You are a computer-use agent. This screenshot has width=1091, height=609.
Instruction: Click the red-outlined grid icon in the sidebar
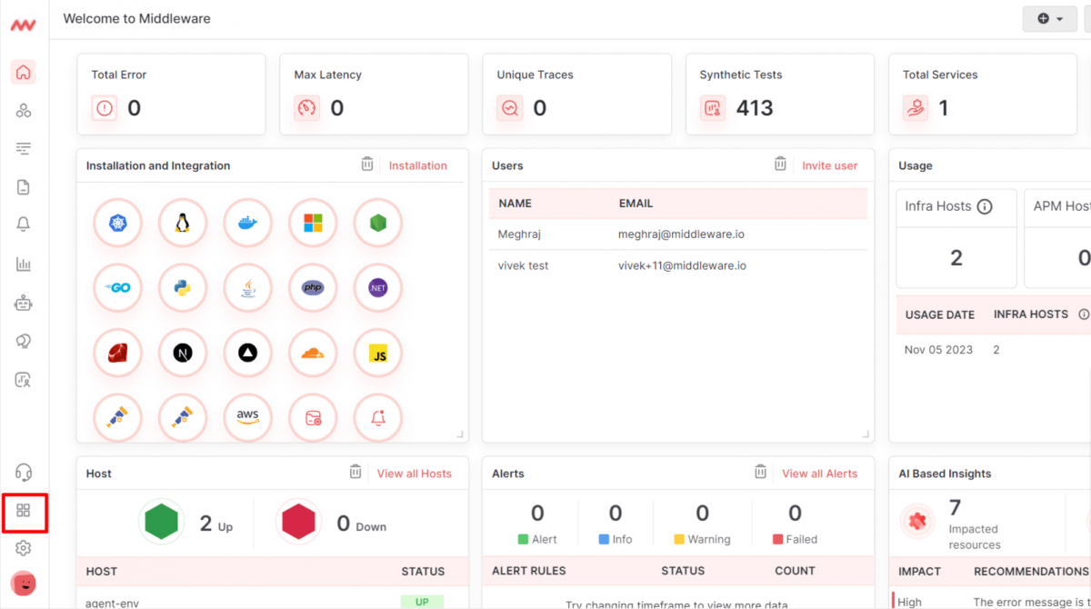pos(24,511)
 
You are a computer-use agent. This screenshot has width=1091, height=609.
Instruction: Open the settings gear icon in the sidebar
pos(24,548)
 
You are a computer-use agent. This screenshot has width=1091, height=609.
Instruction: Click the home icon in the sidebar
pos(24,73)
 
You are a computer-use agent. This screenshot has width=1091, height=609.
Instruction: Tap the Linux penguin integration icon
pos(183,223)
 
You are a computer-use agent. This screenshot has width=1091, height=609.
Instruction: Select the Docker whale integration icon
pos(247,223)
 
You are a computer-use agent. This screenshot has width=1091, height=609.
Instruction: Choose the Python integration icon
pos(183,288)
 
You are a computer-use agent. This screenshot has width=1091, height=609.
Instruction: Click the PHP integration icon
pos(313,288)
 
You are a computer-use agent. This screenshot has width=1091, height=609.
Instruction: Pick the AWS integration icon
pos(247,417)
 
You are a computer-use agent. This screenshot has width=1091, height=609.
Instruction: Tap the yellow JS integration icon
pos(378,353)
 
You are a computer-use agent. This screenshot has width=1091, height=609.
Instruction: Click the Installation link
pos(417,165)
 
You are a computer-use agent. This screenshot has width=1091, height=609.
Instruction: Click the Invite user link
pos(829,165)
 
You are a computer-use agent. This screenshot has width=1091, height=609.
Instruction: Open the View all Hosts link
pos(414,474)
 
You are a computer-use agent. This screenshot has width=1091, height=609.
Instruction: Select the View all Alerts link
pos(819,474)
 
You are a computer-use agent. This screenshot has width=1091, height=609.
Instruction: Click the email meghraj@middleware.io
pos(681,235)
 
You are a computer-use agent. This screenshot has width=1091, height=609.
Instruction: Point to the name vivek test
pos(523,266)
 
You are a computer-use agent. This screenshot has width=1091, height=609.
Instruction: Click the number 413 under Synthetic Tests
pos(754,108)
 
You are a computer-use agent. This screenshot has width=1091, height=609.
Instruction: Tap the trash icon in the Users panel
pos(780,165)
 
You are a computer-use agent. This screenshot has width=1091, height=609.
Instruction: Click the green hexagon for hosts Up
pos(161,522)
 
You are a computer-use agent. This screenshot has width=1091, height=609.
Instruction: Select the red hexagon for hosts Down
pos(298,522)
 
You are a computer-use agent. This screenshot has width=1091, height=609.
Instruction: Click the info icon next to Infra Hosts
pos(984,206)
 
